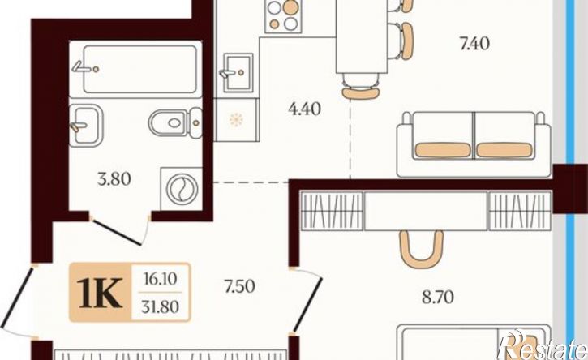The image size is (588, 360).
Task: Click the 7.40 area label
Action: [474, 44]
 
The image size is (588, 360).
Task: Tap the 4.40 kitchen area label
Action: [304, 109]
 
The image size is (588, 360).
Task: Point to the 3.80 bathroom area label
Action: [114, 179]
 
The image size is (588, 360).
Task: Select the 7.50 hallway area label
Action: [239, 286]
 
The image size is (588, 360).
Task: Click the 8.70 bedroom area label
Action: [438, 297]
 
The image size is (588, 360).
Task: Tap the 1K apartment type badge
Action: [101, 293]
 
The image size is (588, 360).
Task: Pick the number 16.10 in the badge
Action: [160, 279]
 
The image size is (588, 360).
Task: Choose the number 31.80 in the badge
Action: [160, 307]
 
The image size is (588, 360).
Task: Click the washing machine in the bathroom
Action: [182, 189]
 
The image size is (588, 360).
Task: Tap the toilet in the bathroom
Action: [175, 122]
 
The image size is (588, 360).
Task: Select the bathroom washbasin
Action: [86, 125]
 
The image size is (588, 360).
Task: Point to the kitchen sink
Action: [238, 73]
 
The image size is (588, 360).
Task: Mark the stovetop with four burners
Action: [283, 16]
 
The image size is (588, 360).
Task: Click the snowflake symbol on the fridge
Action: [236, 120]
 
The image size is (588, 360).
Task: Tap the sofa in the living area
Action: [474, 144]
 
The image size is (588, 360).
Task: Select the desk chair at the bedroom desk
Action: [422, 250]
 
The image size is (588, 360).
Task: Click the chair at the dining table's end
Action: [360, 86]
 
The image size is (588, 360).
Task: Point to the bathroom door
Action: [118, 233]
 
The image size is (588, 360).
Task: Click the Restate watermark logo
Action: [543, 345]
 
